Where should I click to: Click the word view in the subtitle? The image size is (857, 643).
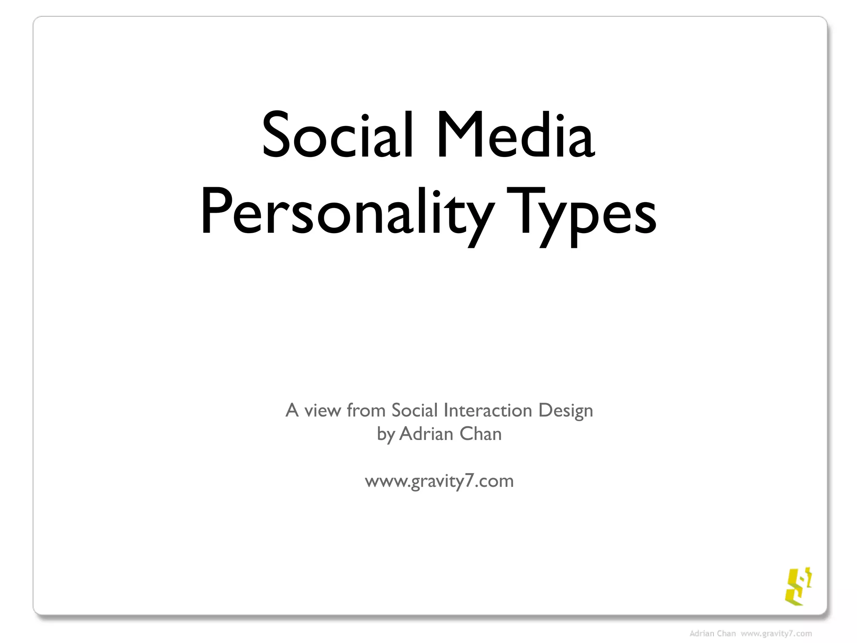(x=322, y=411)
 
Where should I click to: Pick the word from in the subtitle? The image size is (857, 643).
(x=366, y=411)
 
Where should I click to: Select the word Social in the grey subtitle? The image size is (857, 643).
(x=414, y=411)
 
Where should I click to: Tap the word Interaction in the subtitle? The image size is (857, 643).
(x=488, y=411)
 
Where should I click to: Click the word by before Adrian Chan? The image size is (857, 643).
(x=385, y=435)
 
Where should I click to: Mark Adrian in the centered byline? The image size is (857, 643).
(x=426, y=434)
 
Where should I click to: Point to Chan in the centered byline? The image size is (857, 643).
(x=480, y=434)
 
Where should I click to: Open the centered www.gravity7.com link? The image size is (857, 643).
(x=439, y=481)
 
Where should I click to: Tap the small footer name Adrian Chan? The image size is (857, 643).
(x=712, y=634)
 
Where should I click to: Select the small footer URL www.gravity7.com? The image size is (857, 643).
(x=776, y=634)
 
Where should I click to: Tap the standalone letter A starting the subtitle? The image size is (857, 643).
(x=292, y=410)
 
